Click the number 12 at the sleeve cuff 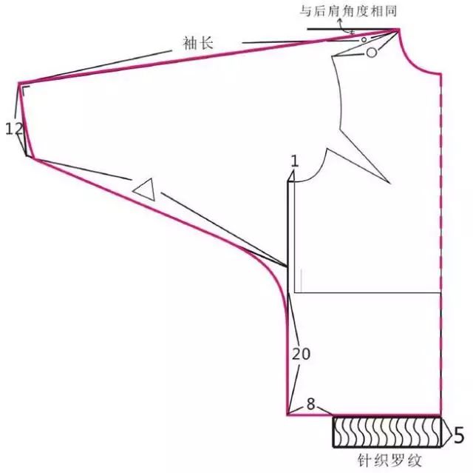[x=14, y=129]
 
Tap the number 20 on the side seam [x=301, y=354]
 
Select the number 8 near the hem [x=310, y=404]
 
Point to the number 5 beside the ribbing [x=459, y=435]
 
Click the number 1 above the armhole [x=295, y=161]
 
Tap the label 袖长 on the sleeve [x=198, y=43]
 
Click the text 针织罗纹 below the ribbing [x=389, y=461]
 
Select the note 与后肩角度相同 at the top [x=347, y=12]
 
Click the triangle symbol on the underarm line [x=145, y=189]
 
